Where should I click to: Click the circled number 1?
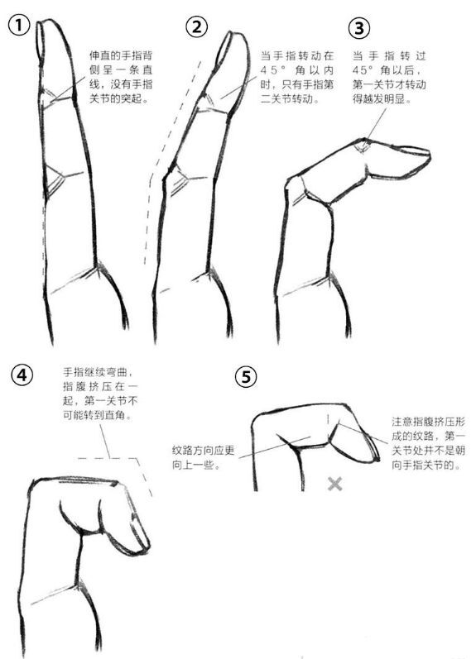[x=20, y=26]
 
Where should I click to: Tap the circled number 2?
[x=197, y=27]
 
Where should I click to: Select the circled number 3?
[x=358, y=29]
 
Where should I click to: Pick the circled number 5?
[x=245, y=377]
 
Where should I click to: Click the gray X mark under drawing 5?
[x=334, y=483]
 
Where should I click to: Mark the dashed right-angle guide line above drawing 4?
[x=124, y=464]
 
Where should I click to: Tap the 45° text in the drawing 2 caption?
[x=277, y=72]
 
